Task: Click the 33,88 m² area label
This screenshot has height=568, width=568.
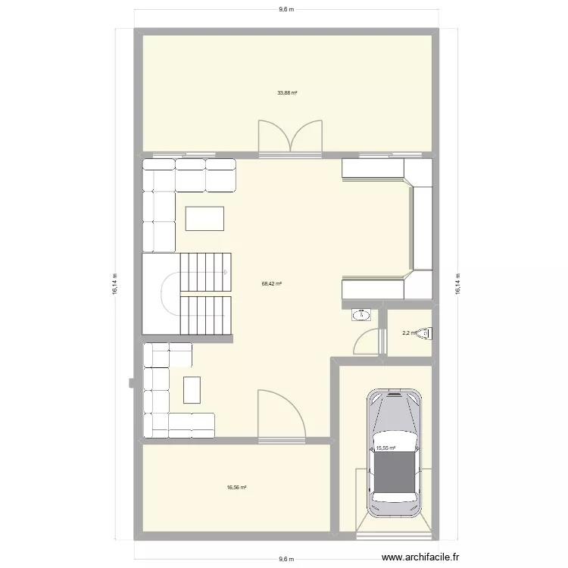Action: [x=287, y=93]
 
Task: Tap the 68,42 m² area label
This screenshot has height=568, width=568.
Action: [x=272, y=284]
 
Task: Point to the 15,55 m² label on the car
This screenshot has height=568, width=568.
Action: [x=386, y=448]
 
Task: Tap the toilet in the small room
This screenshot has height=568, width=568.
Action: [x=428, y=332]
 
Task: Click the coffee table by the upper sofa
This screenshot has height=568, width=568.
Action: [x=204, y=218]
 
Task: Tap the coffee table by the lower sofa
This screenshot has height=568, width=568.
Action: [x=192, y=390]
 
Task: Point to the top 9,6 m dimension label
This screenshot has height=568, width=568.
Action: [x=286, y=9]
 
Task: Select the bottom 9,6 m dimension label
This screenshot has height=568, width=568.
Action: [x=286, y=559]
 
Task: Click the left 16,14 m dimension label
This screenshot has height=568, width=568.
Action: [x=115, y=284]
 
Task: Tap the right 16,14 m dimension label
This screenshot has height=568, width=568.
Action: [x=457, y=284]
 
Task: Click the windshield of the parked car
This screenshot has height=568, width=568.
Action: [x=392, y=412]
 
